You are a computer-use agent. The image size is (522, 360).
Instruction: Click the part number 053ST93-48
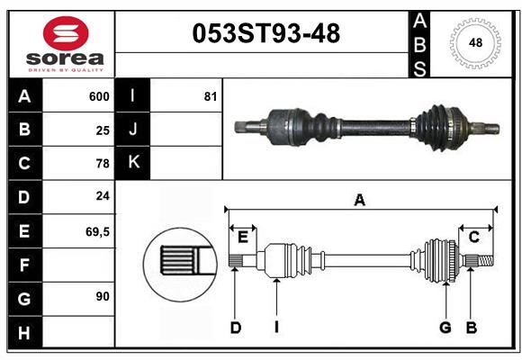tap(266, 34)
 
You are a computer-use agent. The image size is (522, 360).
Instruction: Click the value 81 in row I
tap(211, 96)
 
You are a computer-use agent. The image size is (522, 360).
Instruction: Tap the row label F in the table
tap(23, 265)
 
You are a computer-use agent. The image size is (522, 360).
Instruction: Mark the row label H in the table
tap(23, 333)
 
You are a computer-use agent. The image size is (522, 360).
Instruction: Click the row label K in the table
tap(133, 163)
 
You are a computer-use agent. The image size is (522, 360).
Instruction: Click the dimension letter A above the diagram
tap(360, 201)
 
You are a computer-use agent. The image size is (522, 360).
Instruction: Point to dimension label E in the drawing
tap(242, 237)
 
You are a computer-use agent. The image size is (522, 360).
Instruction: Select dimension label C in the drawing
tap(473, 237)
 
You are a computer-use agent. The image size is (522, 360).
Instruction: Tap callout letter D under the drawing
tap(235, 328)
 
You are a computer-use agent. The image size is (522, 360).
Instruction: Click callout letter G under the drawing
tap(445, 328)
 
